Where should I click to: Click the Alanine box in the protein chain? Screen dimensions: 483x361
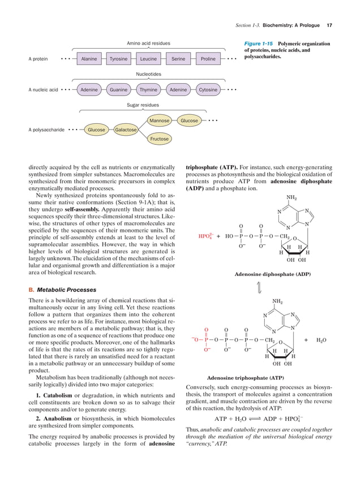tap(89, 58)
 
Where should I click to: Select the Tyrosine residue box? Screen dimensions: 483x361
tap(118, 58)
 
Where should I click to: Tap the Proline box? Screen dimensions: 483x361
tap(208, 58)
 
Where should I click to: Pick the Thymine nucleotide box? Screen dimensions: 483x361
tap(148, 89)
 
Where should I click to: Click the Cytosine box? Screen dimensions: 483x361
tap(208, 89)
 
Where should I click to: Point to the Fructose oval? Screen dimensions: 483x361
tap(160, 139)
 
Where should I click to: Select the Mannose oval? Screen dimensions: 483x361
tap(160, 120)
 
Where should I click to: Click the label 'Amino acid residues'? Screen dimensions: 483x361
tap(148, 43)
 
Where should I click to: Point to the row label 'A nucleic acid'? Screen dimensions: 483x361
tap(44, 89)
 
